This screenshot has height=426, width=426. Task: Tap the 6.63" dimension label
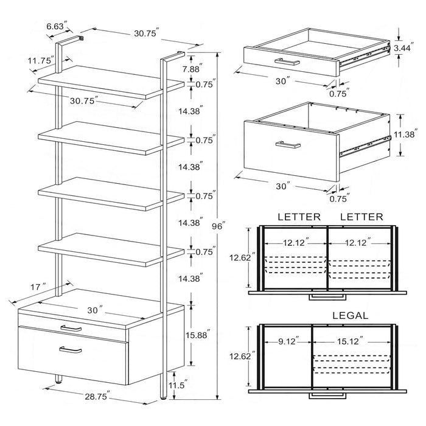point(57,26)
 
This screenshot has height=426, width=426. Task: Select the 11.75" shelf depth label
point(40,60)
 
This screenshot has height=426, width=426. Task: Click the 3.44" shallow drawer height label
point(402,47)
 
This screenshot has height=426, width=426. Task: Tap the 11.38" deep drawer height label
point(407,135)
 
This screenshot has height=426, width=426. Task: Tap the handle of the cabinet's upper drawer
point(71,328)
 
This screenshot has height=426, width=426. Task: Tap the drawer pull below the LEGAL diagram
point(327,396)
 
